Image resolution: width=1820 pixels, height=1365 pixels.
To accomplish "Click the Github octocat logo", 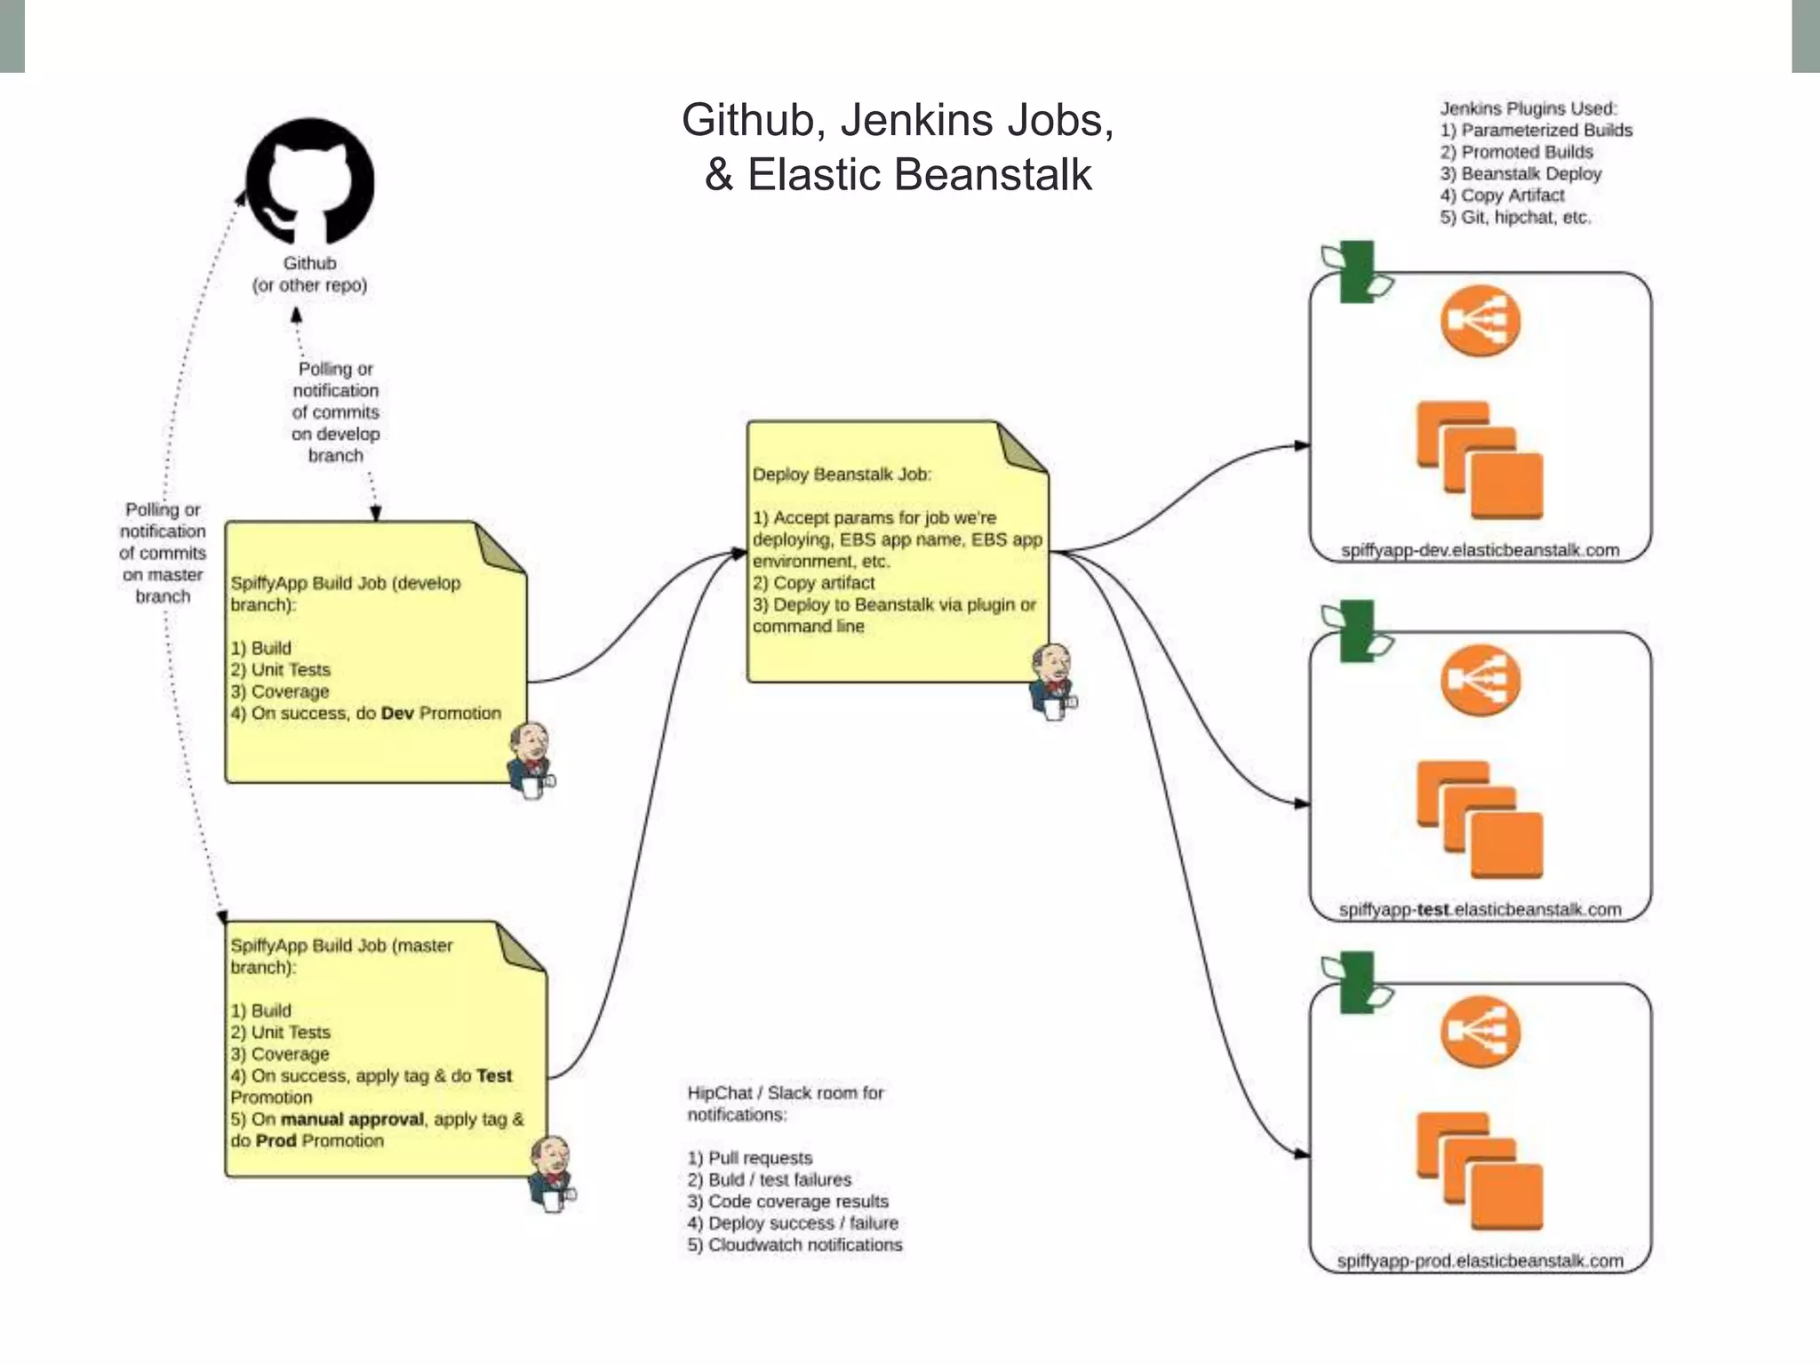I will (310, 181).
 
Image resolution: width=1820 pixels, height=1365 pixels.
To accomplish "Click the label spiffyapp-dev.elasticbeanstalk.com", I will (1480, 550).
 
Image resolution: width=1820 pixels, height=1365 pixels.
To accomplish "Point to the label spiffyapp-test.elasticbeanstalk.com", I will (1480, 909).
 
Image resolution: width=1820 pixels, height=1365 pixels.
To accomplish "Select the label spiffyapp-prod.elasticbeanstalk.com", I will (1480, 1260).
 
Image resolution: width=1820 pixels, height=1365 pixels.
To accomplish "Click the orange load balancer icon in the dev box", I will (1480, 321).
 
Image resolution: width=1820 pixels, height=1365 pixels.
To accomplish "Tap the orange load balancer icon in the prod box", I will (1480, 1032).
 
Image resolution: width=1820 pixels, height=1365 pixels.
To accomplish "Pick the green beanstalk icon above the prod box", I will (1356, 982).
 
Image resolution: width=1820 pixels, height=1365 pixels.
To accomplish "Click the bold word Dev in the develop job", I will (397, 713).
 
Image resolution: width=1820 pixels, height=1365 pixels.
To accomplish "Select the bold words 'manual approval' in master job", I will (352, 1119).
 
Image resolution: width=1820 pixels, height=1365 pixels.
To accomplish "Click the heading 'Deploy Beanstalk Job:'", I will (842, 475).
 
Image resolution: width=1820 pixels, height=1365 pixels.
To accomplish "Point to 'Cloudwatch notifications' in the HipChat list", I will (804, 1245).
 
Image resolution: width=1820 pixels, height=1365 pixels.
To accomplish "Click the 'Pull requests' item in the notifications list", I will (760, 1158).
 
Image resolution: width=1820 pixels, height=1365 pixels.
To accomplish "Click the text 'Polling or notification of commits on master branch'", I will (163, 553).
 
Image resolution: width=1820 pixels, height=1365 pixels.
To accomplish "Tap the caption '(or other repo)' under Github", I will (309, 285).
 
